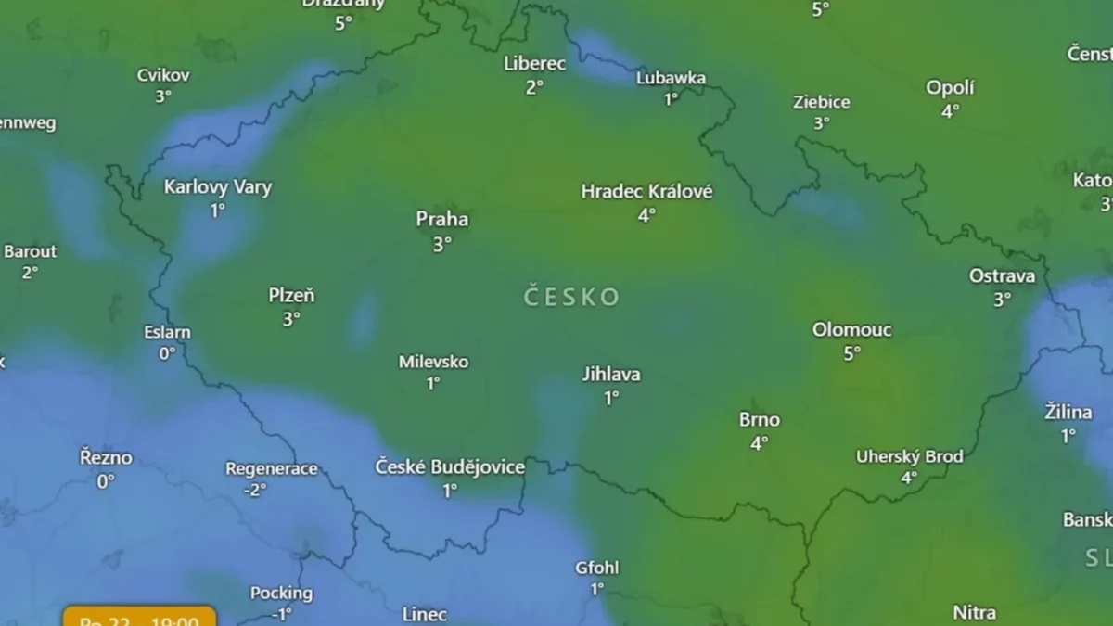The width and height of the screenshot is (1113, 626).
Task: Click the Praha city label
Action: tap(441, 220)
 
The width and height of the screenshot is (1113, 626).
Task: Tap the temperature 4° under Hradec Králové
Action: tap(646, 215)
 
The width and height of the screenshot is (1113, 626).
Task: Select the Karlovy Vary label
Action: tap(218, 187)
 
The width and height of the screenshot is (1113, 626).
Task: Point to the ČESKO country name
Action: tap(571, 297)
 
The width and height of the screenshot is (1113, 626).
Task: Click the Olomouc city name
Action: tap(851, 329)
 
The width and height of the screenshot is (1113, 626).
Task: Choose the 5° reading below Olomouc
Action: tap(851, 352)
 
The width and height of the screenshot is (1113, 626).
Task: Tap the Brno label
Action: tap(759, 420)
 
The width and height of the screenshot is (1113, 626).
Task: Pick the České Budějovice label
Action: tap(450, 466)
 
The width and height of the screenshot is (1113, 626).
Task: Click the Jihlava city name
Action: tap(610, 375)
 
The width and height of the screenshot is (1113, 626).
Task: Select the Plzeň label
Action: tap(291, 296)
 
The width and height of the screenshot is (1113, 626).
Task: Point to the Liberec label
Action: tap(534, 64)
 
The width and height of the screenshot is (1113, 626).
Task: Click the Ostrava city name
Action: tap(1002, 275)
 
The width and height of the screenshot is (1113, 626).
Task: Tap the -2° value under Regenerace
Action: tap(255, 491)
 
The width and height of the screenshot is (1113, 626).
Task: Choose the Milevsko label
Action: tap(433, 362)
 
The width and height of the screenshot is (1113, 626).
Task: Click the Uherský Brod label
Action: tap(909, 456)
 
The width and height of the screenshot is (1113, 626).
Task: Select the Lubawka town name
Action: tap(671, 78)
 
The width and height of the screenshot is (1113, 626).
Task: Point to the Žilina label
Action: tap(1068, 412)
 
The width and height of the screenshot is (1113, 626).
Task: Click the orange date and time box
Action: tap(139, 618)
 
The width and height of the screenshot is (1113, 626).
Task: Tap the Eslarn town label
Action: tap(167, 332)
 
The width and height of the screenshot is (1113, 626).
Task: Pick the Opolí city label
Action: tap(950, 88)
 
